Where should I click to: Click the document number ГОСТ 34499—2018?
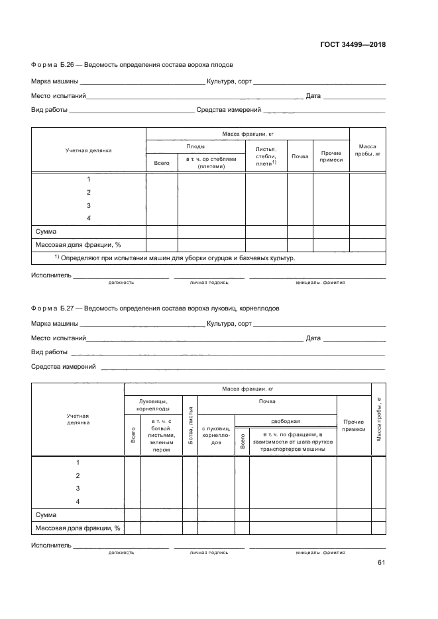353,45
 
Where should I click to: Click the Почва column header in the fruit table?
300,156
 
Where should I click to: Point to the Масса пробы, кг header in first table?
367,150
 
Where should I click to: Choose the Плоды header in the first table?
195,146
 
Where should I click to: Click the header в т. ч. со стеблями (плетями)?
211,163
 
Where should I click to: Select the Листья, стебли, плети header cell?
266,156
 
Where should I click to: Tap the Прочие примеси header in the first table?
331,156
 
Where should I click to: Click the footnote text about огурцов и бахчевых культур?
175,258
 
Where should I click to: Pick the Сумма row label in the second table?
46,514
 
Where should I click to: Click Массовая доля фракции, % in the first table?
78,245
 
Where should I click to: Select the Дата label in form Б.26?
313,96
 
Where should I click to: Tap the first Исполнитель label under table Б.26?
51,275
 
